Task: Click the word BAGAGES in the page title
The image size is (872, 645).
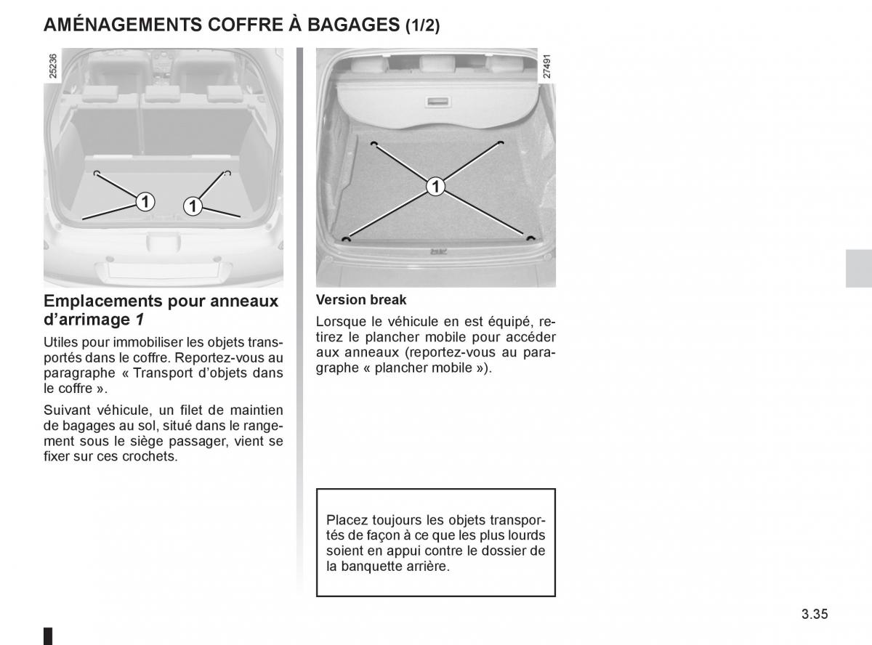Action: tap(353, 25)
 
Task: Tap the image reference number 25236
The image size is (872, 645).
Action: tap(52, 66)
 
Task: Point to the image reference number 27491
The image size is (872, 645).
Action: tap(546, 66)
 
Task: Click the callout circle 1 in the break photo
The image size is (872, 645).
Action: tap(435, 186)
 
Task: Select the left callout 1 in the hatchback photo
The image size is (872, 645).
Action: tap(145, 202)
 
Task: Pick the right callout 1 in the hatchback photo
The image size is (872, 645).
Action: tap(193, 206)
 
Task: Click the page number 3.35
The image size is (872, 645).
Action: tap(815, 614)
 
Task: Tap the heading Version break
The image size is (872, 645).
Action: tap(361, 300)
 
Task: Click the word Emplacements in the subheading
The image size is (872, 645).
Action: tap(102, 301)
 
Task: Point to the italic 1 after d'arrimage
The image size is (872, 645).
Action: tap(140, 320)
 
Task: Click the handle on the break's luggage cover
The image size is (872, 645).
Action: tap(437, 102)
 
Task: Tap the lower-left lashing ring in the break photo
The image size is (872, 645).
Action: tap(346, 240)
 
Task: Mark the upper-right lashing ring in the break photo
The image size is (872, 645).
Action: tap(501, 142)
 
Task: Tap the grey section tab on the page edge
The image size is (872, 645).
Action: tap(859, 269)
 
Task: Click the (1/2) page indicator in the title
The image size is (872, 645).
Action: tap(423, 25)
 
